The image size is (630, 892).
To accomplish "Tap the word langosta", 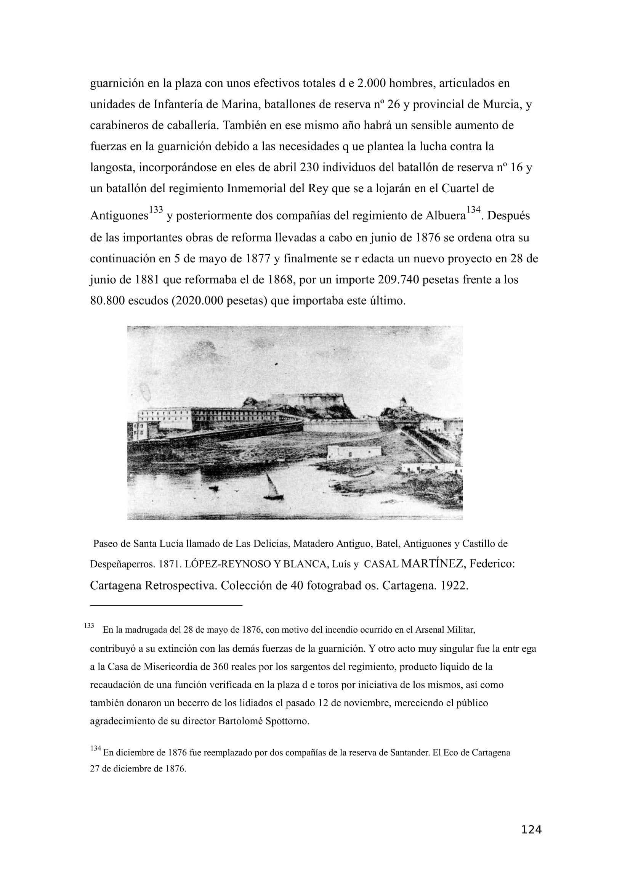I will pyautogui.click(x=112, y=168).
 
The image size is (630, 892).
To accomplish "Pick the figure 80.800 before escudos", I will pyautogui.click(x=107, y=301).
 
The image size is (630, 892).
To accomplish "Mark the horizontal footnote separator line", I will pyautogui.click(x=166, y=605).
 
